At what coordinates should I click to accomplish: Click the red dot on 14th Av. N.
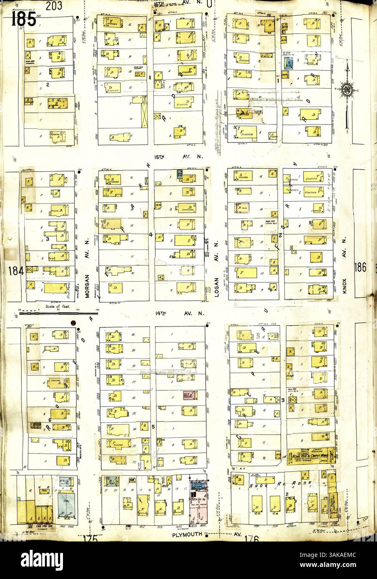(x=73, y=323)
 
